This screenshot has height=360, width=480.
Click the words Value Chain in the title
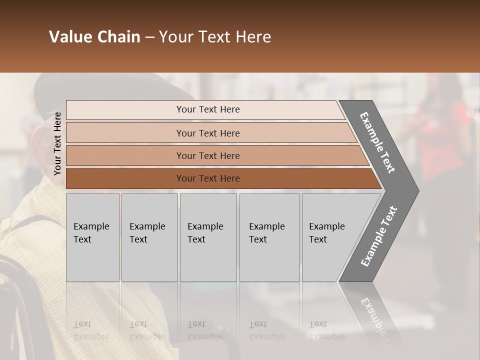click(x=94, y=37)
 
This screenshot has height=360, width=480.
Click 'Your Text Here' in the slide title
click(x=215, y=37)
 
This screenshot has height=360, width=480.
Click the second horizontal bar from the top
click(x=207, y=133)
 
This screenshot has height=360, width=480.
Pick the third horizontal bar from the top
click(x=207, y=155)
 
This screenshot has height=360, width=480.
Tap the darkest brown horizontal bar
click(x=207, y=178)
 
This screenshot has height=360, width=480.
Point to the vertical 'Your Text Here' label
click(x=57, y=143)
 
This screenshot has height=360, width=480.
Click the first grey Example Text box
click(x=92, y=237)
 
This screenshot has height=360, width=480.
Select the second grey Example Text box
click(x=149, y=237)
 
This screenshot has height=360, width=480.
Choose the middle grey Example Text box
click(x=208, y=237)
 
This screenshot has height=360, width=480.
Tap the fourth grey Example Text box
click(x=269, y=237)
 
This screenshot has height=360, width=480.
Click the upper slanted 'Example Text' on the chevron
click(x=377, y=142)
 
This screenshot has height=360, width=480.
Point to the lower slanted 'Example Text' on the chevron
click(x=379, y=236)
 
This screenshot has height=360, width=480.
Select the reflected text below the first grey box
click(x=91, y=330)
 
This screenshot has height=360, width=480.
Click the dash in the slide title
click(x=149, y=37)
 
